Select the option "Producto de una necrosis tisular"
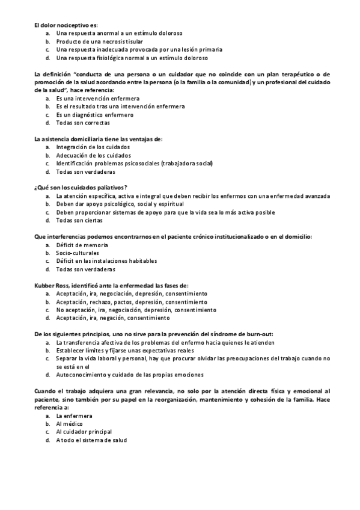point(99,41)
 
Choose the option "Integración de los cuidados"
point(93,147)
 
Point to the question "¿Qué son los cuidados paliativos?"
point(81,188)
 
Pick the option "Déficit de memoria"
point(82,245)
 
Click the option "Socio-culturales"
point(78,253)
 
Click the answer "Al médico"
point(70,423)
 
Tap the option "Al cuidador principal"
point(84,432)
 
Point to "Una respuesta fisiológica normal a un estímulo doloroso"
point(132,58)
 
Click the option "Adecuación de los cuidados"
point(93,155)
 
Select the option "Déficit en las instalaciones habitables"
point(106,262)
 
